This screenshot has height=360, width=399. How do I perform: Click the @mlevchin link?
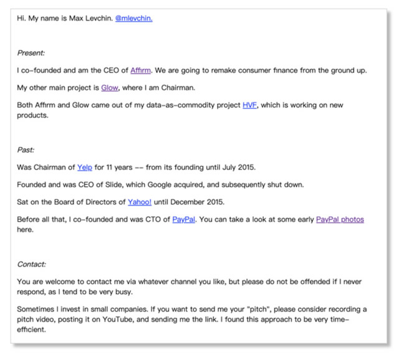tap(133, 18)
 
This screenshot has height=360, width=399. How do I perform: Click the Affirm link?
tap(141, 70)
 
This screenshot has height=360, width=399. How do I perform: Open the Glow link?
tap(110, 88)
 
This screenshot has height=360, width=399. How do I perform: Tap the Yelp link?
tap(84, 168)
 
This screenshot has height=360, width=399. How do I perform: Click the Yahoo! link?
tap(140, 202)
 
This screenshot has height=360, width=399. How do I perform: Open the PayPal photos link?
tap(340, 219)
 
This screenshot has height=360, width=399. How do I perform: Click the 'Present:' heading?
tap(31, 53)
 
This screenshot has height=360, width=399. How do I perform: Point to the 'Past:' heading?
tap(26, 150)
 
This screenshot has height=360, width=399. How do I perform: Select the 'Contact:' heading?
tap(32, 264)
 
